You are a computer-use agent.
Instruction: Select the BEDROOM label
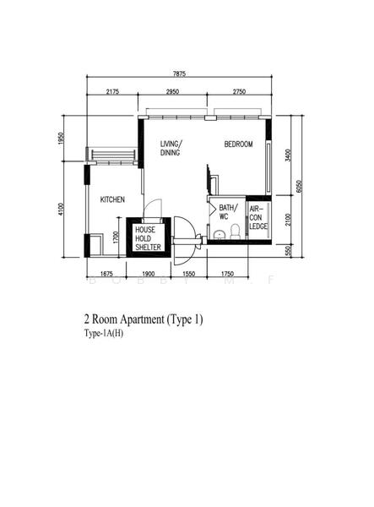[x=238, y=144]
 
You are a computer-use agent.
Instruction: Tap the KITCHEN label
[x=112, y=199]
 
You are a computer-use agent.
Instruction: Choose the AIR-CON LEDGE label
[x=259, y=217]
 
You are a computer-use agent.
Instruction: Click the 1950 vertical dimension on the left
[x=62, y=139]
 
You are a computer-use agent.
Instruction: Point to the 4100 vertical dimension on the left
[x=62, y=208]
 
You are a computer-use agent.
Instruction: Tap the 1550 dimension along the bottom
[x=189, y=275]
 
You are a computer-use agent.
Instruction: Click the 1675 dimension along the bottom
[x=106, y=275]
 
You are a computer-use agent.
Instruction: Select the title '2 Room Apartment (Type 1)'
[x=144, y=320]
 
